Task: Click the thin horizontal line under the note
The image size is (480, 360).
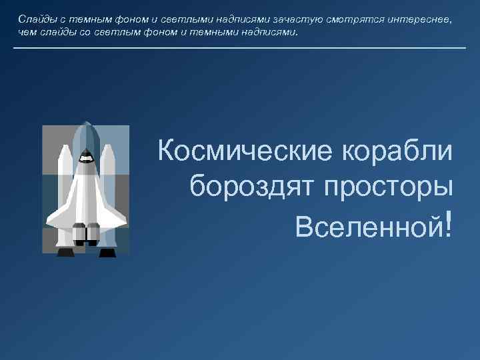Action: click(239, 48)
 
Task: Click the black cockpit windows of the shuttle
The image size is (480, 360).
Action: click(86, 158)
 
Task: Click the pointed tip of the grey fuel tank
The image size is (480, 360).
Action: click(86, 123)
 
